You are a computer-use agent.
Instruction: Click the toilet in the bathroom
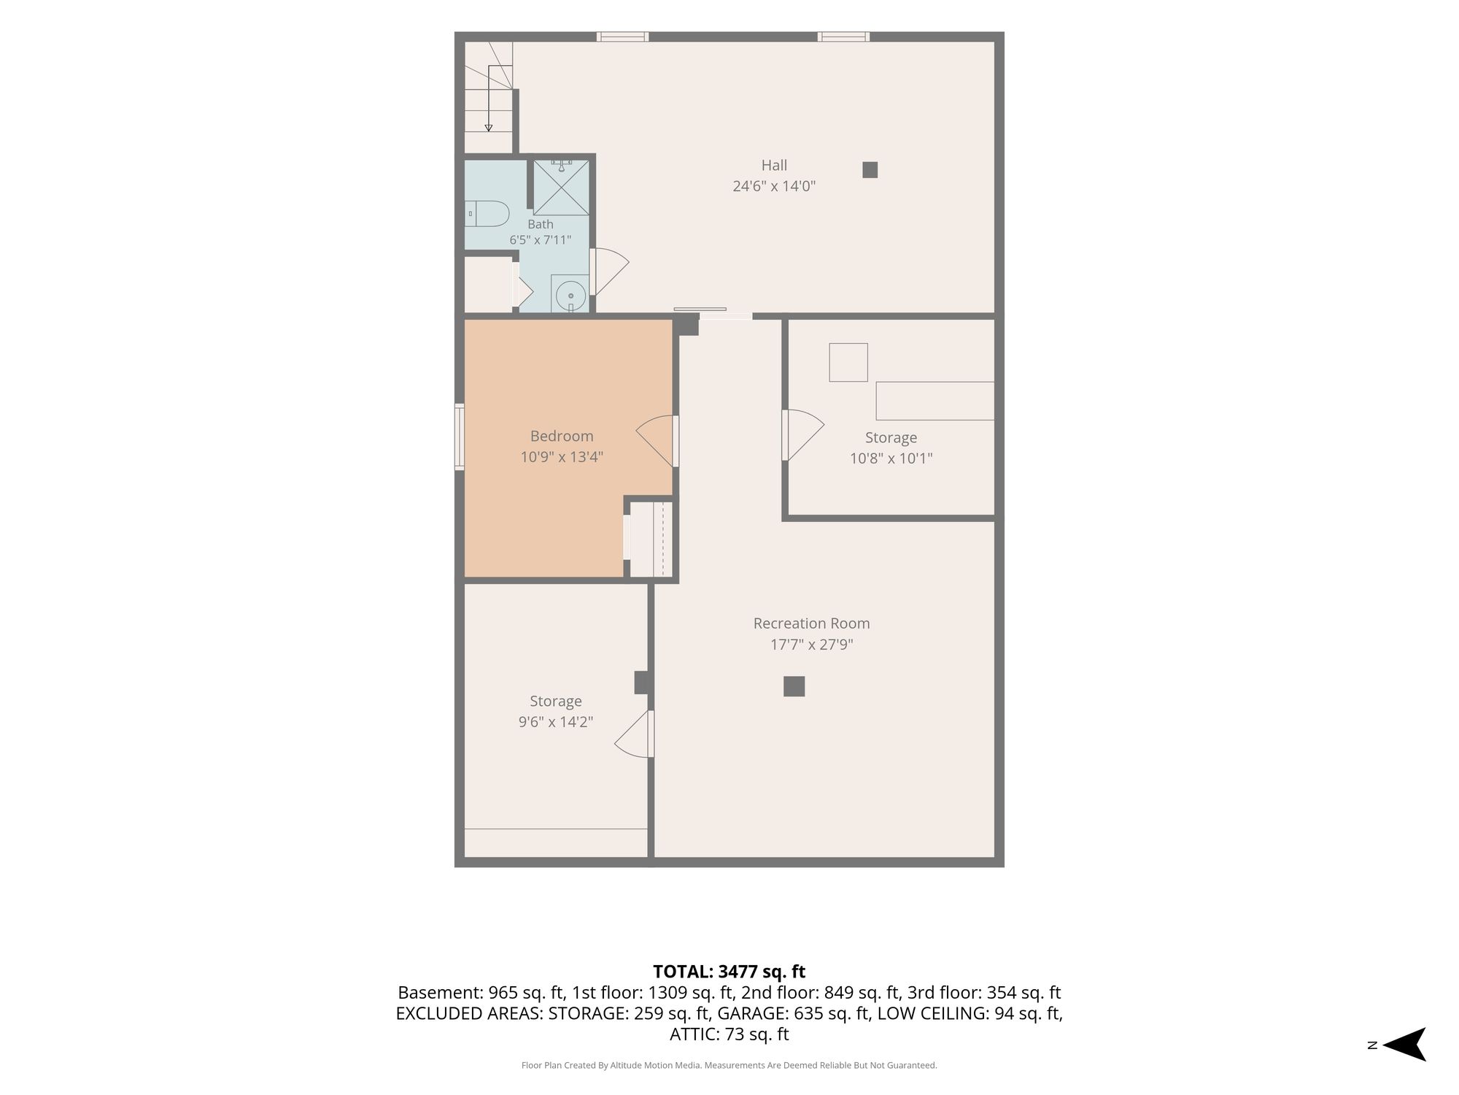pos(487,213)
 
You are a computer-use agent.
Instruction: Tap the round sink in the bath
pos(570,296)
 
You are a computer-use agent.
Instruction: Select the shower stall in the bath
pos(561,188)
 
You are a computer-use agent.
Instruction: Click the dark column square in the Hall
pos(870,169)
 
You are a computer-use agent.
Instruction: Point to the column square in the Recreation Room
pos(794,686)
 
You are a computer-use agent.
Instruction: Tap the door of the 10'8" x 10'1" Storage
pos(802,435)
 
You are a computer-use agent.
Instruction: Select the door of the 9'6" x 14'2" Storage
pos(634,734)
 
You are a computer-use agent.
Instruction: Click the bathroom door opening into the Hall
pos(609,272)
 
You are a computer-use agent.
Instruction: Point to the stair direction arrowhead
pos(488,128)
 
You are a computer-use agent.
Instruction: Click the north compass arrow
pos(1404,1045)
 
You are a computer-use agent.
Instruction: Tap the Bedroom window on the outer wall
pos(460,437)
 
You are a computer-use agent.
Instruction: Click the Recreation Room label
pos(811,623)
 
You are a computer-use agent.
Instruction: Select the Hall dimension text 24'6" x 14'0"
pos(774,186)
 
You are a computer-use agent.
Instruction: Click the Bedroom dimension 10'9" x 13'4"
pos(562,458)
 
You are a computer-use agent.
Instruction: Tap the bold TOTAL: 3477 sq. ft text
pos(729,972)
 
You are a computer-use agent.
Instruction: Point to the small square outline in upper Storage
pos(848,362)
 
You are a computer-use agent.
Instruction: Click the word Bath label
pos(541,224)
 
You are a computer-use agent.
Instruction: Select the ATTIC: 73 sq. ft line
pos(729,1034)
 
